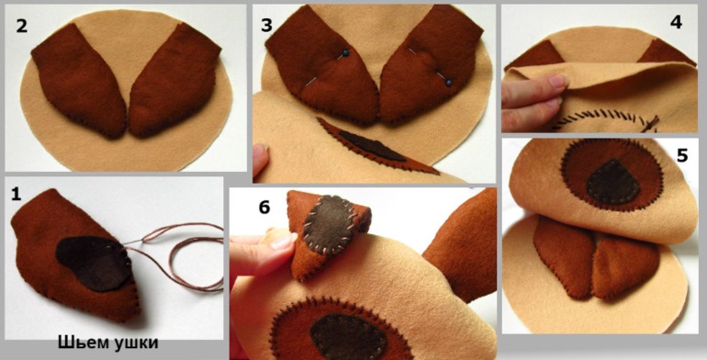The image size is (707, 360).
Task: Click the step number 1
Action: click(17, 196)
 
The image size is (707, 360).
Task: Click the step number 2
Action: click(22, 26)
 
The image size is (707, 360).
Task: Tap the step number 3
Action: click(267, 26)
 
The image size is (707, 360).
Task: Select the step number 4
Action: click(677, 22)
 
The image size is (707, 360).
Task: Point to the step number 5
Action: click(682, 155)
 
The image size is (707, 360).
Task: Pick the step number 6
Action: click(264, 207)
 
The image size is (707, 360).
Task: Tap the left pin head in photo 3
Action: click(346, 53)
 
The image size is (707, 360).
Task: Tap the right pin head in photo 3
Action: click(449, 83)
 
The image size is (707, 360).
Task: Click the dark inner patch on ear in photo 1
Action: click(94, 264)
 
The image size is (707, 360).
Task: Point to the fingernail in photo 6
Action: click(283, 242)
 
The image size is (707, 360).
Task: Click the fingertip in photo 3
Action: click(260, 160)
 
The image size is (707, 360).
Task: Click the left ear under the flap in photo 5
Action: click(564, 256)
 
